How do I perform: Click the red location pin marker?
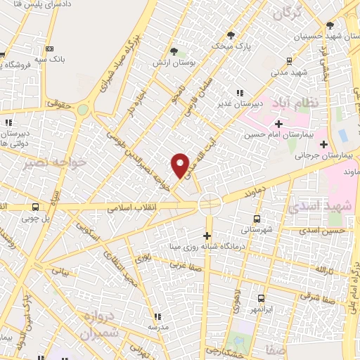[181, 165]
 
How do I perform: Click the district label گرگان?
[288, 13]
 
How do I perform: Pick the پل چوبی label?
[35, 219]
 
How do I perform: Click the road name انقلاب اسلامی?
[133, 208]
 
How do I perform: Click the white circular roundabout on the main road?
[210, 205]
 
